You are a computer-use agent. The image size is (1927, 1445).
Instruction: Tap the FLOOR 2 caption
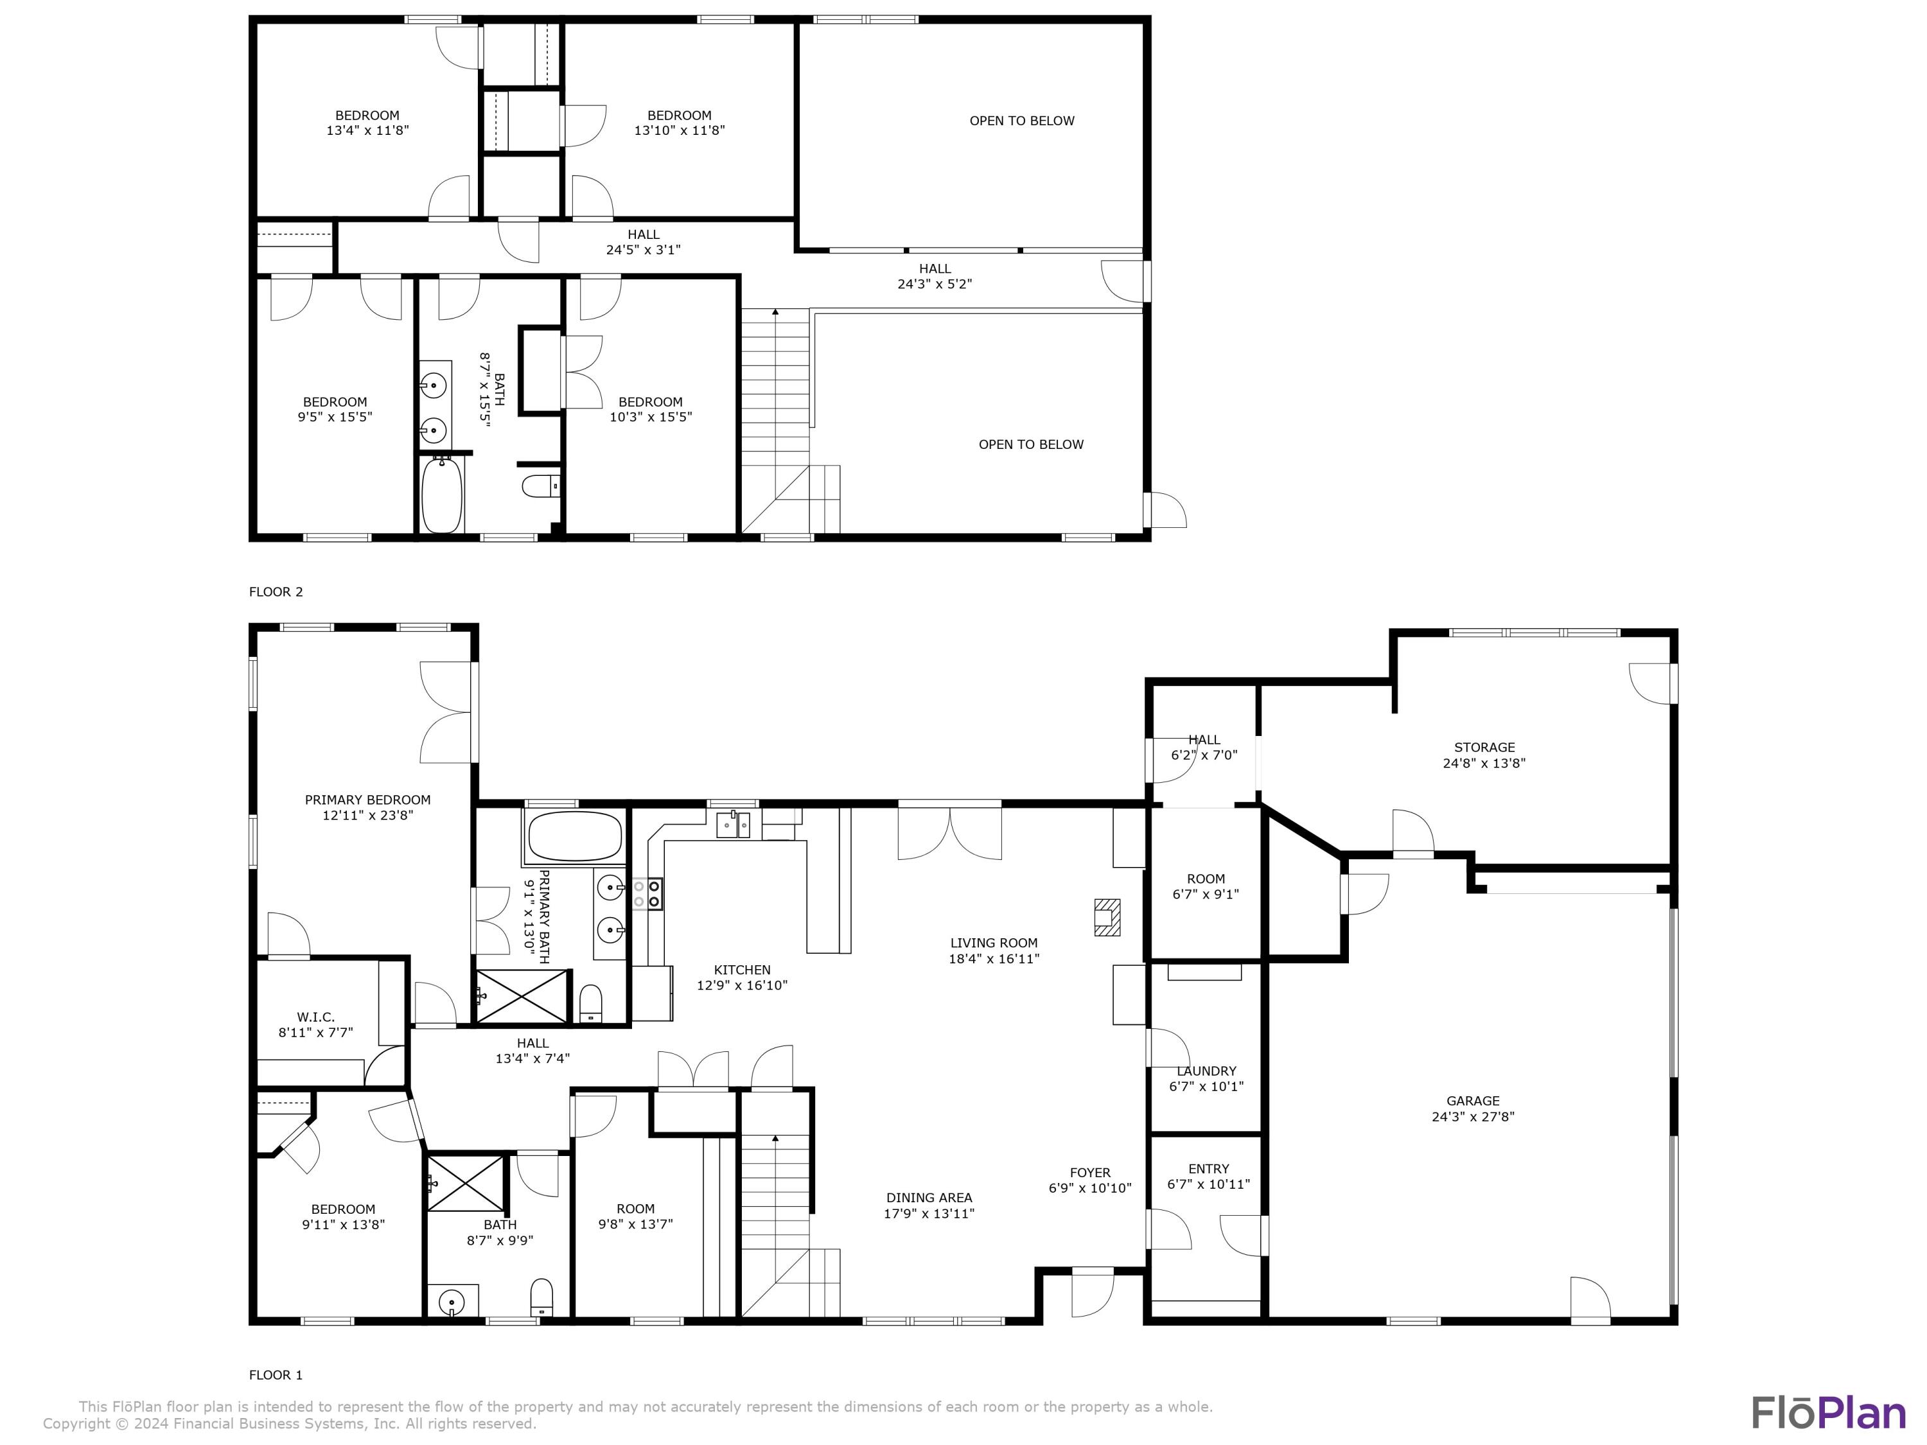click(276, 592)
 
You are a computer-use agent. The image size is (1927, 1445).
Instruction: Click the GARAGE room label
click(1473, 1101)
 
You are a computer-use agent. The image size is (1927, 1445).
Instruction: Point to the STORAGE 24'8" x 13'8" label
click(1484, 755)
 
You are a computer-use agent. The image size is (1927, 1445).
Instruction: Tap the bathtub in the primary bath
click(575, 836)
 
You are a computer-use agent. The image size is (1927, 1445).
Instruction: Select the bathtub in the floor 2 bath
click(442, 496)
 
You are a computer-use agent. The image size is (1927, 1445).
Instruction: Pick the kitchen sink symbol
click(733, 823)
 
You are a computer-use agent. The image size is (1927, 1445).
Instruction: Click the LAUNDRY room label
click(1206, 1071)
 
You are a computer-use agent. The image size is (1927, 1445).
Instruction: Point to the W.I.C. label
click(315, 1017)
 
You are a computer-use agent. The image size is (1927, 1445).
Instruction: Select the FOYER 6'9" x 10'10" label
click(1090, 1180)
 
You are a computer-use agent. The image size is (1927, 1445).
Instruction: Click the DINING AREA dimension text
click(929, 1213)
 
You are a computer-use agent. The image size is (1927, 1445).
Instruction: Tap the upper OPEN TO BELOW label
click(1022, 121)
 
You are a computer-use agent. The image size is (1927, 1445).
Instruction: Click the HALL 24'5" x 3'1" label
click(643, 242)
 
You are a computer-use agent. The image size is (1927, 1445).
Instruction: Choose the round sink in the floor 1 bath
click(452, 1304)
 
